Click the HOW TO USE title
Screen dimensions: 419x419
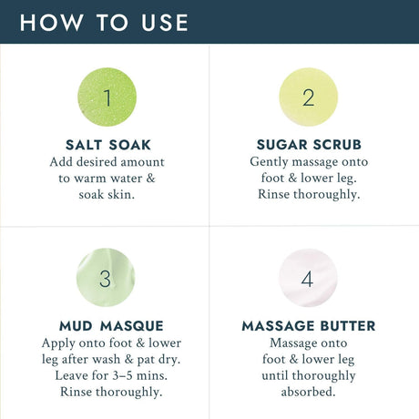click(104, 23)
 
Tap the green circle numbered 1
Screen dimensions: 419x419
click(107, 97)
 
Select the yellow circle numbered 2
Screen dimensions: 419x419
click(309, 97)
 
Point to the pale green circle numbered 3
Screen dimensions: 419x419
click(106, 278)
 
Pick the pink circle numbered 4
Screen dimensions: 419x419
click(308, 278)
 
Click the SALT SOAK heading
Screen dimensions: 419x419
click(108, 145)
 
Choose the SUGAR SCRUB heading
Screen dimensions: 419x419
click(309, 145)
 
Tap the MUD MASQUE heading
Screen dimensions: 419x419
click(111, 326)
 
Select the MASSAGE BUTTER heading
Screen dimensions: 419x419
click(309, 326)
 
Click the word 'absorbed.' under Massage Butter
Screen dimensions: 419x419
click(308, 392)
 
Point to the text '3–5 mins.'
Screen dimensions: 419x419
click(140, 375)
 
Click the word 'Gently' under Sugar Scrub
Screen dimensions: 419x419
click(269, 162)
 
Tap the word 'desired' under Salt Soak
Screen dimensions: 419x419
click(97, 162)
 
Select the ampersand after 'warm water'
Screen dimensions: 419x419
click(150, 178)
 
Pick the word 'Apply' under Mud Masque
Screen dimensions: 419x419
click(58, 343)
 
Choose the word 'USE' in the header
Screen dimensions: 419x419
click(165, 23)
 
